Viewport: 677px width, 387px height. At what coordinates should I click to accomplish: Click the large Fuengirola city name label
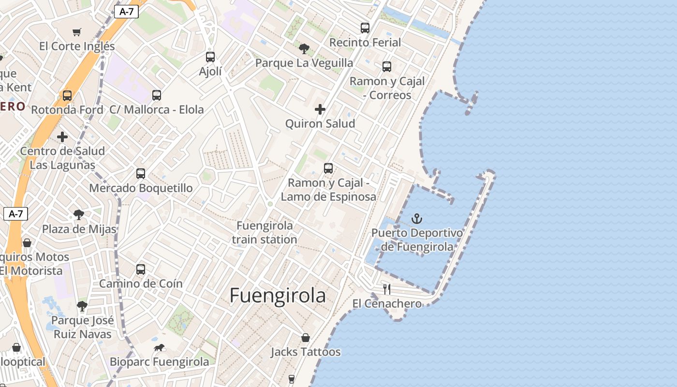(x=278, y=296)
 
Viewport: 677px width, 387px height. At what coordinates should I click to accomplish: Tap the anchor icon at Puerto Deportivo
(x=416, y=219)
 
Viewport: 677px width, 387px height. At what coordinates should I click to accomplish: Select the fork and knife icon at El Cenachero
(x=386, y=289)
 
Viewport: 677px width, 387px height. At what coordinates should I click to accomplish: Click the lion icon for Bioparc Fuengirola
(x=159, y=347)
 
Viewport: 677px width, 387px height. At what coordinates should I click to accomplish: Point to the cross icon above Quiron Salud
(x=320, y=109)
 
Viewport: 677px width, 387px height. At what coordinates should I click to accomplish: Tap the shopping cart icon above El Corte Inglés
(x=77, y=32)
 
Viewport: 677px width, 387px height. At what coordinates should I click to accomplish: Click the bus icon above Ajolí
(x=210, y=57)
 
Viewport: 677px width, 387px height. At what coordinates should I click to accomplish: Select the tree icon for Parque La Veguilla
(x=304, y=48)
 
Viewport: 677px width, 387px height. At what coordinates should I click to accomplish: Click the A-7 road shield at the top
(x=126, y=12)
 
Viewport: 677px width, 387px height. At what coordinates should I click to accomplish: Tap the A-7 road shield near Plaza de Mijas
(x=15, y=214)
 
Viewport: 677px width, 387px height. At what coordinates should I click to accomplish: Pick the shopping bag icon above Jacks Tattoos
(x=305, y=338)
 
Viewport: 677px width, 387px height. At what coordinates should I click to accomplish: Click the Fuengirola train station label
(x=265, y=232)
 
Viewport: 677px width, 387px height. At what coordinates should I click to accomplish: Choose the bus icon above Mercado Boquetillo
(x=141, y=173)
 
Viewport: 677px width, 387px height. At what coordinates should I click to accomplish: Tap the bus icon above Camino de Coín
(x=141, y=269)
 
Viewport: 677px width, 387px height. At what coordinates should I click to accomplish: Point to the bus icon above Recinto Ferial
(x=365, y=28)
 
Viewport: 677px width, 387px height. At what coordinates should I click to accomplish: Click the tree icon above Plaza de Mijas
(x=78, y=214)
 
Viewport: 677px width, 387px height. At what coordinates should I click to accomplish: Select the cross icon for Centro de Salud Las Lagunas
(x=62, y=137)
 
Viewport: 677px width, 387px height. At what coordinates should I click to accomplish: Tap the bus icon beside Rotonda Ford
(x=67, y=95)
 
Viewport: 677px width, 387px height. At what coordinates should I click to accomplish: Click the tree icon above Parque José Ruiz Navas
(x=82, y=306)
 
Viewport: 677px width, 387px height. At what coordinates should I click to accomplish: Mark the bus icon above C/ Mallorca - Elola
(x=157, y=95)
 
